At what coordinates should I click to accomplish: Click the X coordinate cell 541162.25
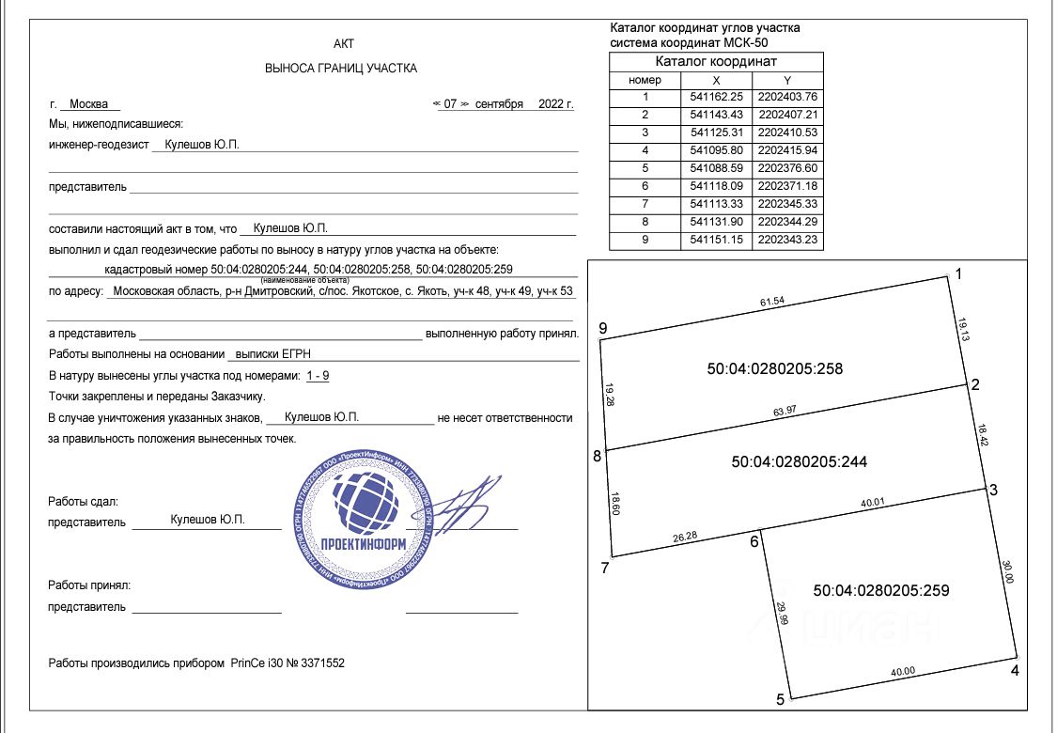[716, 97]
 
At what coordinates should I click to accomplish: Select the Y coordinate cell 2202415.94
[787, 150]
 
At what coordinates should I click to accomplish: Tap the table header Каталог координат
[716, 61]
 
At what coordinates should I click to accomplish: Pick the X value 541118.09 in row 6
[716, 186]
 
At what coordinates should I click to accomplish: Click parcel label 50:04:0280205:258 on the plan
[774, 369]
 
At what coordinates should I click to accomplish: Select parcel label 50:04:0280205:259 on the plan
[881, 590]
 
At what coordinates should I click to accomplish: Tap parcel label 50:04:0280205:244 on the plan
[799, 461]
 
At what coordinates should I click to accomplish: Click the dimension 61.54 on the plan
[773, 303]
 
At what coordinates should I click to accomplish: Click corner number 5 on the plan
[779, 700]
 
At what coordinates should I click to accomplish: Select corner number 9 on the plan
[603, 328]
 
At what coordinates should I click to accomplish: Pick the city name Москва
[89, 104]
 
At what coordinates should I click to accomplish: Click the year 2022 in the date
[552, 104]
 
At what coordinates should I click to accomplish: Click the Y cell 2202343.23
[787, 240]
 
